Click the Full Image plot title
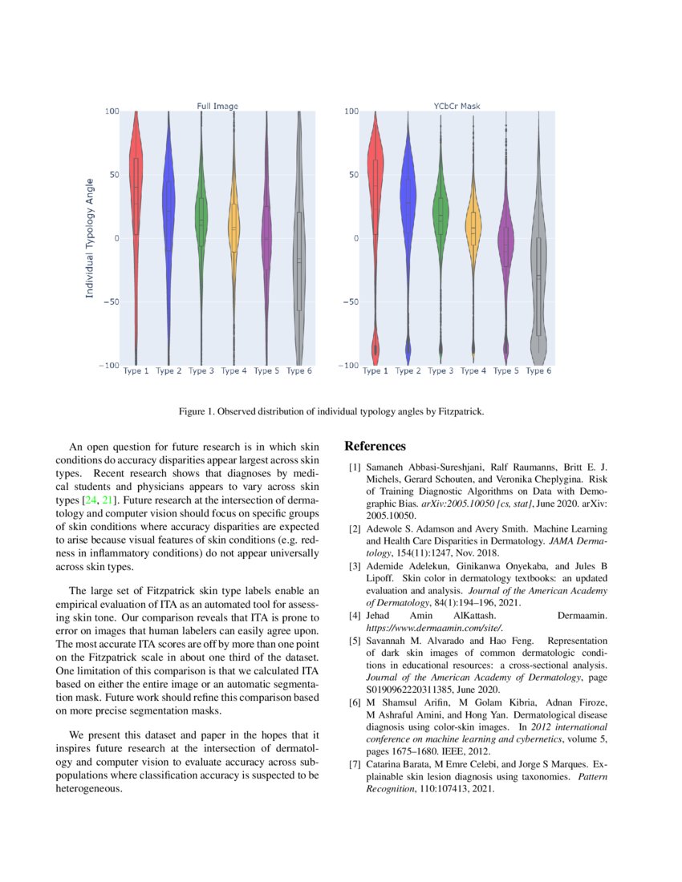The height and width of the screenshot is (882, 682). coord(217,106)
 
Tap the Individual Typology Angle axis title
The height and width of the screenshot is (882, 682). coord(90,238)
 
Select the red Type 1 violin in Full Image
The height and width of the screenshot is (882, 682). coord(136,184)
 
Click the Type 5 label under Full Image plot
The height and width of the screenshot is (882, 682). coord(266,371)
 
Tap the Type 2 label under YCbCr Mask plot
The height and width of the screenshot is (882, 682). coord(408,371)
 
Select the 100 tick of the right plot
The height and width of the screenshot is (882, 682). coord(351,111)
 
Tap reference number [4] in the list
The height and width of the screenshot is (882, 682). coord(354,616)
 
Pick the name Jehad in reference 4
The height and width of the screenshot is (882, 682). coord(380,616)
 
